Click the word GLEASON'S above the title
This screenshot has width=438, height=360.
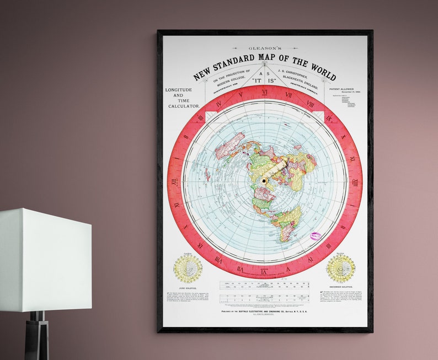pos(264,49)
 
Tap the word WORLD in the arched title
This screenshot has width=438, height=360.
pos(321,69)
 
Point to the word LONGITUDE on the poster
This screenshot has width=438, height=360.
pos(179,90)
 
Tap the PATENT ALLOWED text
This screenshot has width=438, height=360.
pos(344,88)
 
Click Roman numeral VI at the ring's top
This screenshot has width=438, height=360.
pos(265,92)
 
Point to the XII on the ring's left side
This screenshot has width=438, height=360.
pos(174,181)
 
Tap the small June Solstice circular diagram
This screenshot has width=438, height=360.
pos(188,268)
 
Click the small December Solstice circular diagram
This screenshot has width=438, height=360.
pos(340,268)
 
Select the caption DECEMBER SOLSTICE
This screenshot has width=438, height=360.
pos(340,287)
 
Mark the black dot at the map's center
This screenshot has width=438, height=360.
pos(265,181)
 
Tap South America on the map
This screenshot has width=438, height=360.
pos(289,221)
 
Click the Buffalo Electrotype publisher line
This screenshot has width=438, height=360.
pos(264,310)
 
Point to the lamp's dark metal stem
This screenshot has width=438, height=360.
pos(37,336)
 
